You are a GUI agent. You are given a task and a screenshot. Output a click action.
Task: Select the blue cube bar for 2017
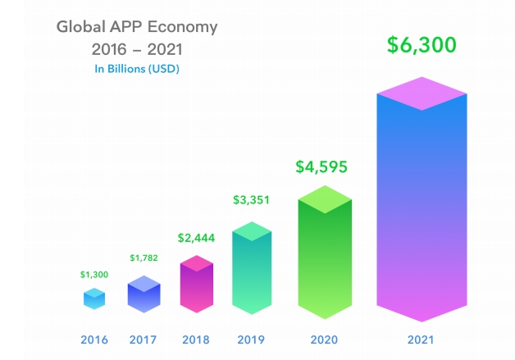pos(143,295)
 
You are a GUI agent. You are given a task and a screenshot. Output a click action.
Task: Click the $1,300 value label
pos(94,274)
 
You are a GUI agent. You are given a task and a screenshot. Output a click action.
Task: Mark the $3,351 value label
pos(251,199)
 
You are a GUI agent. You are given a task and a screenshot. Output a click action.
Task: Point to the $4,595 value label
pos(321,166)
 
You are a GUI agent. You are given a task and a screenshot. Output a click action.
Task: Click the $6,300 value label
pos(422,45)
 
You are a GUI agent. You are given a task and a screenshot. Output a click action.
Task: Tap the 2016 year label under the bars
pos(94,339)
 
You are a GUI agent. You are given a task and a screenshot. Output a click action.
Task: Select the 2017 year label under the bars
pos(143,339)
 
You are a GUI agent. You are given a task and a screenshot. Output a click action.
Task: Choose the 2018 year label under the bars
pos(196,339)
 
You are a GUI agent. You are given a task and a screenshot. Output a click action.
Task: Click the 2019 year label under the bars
pos(251,339)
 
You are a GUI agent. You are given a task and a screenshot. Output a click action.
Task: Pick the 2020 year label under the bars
pos(325,339)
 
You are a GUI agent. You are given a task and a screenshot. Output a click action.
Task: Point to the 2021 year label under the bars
pos(422,339)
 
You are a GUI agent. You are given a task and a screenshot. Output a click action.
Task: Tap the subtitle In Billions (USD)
pos(137,69)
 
